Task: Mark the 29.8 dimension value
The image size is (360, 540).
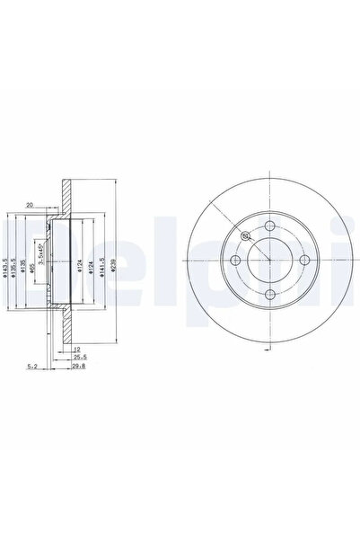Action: pyautogui.click(x=80, y=367)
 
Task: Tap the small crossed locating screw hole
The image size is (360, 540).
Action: pyautogui.click(x=245, y=235)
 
